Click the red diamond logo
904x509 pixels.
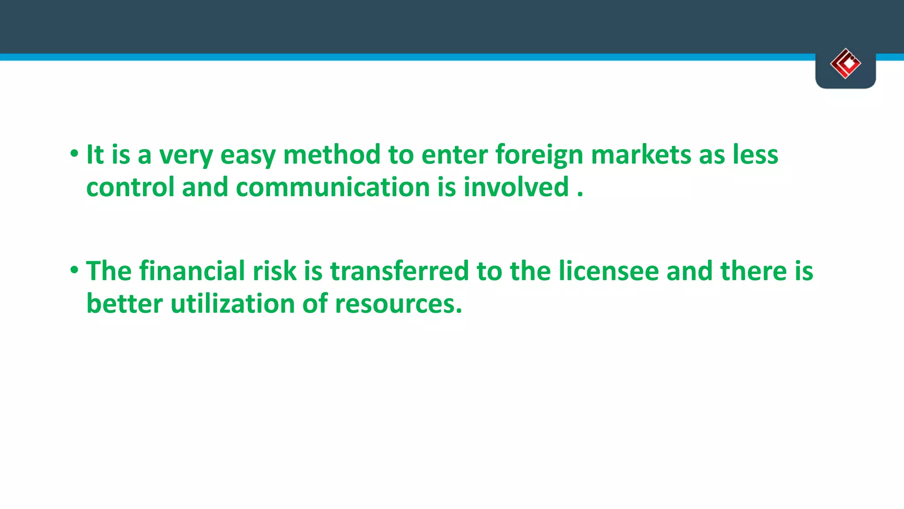point(845,64)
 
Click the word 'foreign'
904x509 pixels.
point(539,156)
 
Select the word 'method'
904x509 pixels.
point(331,156)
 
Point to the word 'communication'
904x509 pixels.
point(333,187)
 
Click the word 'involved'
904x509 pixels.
point(516,187)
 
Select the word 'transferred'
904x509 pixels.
point(399,271)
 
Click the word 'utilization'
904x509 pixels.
point(232,304)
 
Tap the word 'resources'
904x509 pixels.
point(398,304)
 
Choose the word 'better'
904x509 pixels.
point(124,304)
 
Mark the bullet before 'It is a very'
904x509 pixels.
point(74,154)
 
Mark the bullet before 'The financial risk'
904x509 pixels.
point(74,270)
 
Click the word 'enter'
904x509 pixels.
point(454,156)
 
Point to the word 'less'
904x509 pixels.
point(756,156)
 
